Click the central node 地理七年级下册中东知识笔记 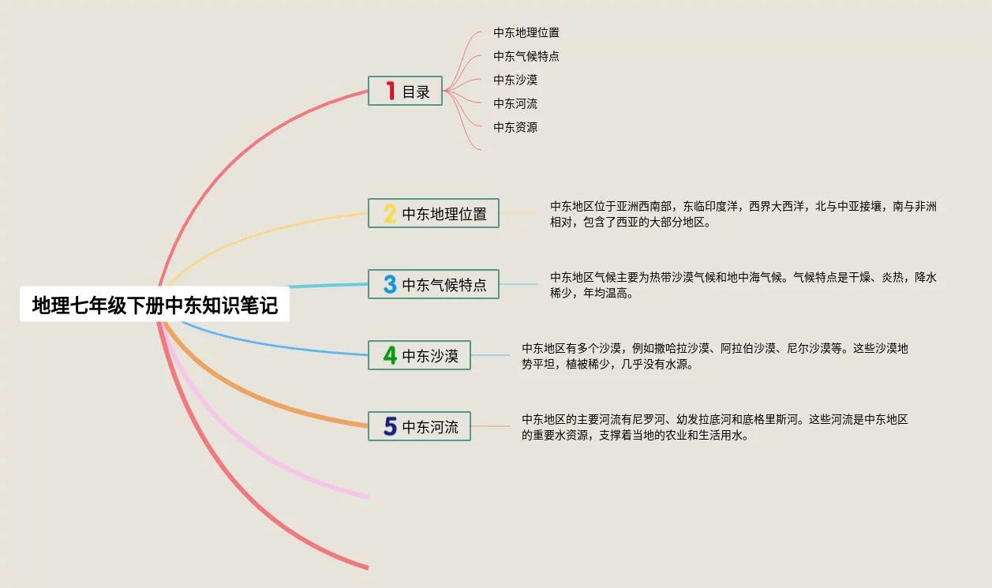pyautogui.click(x=155, y=305)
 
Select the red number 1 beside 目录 pyautogui.click(x=390, y=91)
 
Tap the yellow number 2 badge pyautogui.click(x=390, y=213)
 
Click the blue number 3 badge pyautogui.click(x=390, y=284)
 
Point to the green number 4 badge pyautogui.click(x=390, y=355)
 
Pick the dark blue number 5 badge pyautogui.click(x=390, y=426)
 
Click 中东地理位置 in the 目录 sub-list pyautogui.click(x=526, y=32)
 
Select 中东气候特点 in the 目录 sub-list pyautogui.click(x=526, y=56)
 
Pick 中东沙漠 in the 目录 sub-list pyautogui.click(x=515, y=80)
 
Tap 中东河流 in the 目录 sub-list pyautogui.click(x=515, y=103)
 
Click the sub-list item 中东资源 pyautogui.click(x=515, y=127)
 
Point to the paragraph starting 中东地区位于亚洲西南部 pyautogui.click(x=743, y=214)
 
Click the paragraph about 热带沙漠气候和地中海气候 pyautogui.click(x=743, y=285)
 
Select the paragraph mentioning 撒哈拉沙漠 pyautogui.click(x=714, y=356)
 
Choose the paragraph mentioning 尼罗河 pyautogui.click(x=714, y=427)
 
